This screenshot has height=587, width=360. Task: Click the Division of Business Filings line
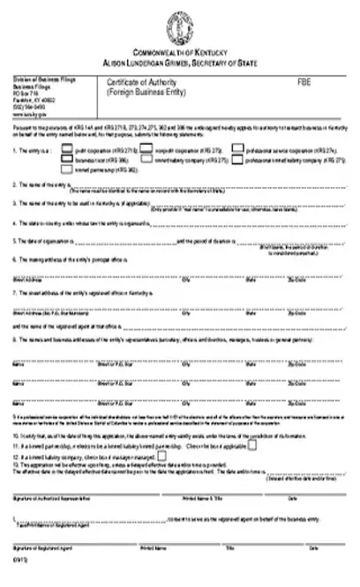click(x=44, y=80)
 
